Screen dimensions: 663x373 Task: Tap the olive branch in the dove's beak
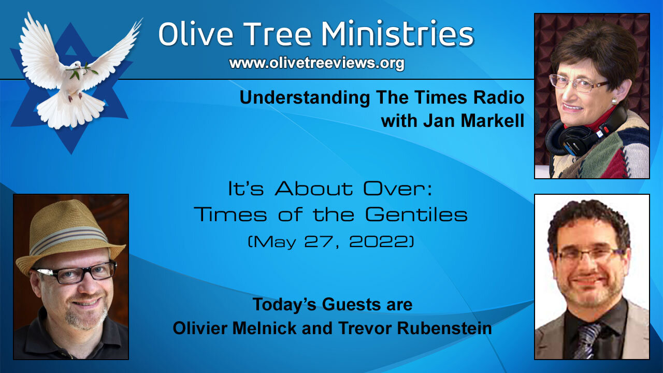coord(82,71)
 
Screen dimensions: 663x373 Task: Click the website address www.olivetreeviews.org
coord(316,63)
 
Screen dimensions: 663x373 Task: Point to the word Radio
coord(499,97)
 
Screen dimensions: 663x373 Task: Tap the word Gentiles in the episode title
coord(416,214)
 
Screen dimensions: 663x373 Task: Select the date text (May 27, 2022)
coord(330,242)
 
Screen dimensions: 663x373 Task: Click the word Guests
coord(352,304)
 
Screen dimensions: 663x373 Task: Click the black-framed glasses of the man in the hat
coord(76,272)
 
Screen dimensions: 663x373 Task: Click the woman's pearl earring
coord(614,101)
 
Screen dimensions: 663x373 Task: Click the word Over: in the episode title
coord(397,189)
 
